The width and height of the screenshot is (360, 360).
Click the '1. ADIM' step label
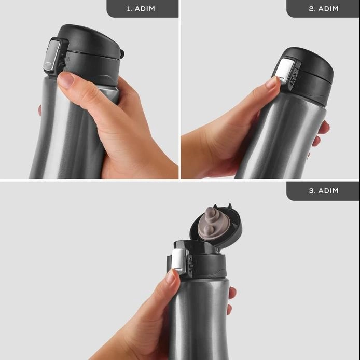pyautogui.click(x=141, y=9)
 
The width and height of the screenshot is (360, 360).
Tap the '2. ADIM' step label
pyautogui.click(x=324, y=9)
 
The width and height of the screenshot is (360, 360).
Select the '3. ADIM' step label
pyautogui.click(x=324, y=191)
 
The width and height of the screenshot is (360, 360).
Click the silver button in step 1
pyautogui.click(x=52, y=55)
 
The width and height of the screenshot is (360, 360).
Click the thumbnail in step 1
pyautogui.click(x=66, y=80)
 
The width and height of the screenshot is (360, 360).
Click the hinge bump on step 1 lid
pyautogui.click(x=122, y=53)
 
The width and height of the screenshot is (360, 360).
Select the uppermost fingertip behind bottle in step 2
pyautogui.click(x=326, y=127)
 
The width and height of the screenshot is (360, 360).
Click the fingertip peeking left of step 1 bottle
pyautogui.click(x=40, y=110)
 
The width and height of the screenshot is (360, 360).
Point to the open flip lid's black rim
pyautogui.click(x=216, y=226)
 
